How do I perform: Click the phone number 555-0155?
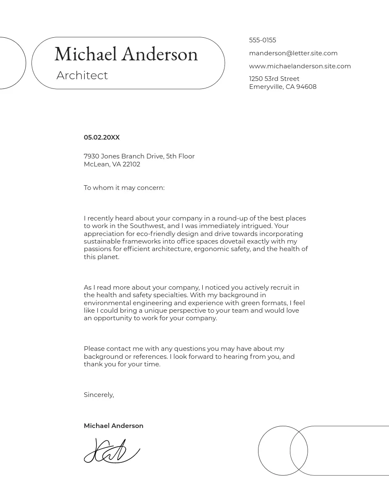point(262,40)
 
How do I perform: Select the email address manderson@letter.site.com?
point(293,53)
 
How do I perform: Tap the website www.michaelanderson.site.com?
point(300,66)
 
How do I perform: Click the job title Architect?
point(82,75)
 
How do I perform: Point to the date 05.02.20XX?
point(102,137)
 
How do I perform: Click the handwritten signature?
point(111,451)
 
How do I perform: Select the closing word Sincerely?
point(99,395)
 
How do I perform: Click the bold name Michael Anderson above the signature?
point(113,426)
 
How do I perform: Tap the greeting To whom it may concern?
point(124,188)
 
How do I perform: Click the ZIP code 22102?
point(131,164)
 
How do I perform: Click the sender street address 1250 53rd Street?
point(274,79)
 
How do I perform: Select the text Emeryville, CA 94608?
point(282,87)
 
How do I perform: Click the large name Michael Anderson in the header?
point(126,54)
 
